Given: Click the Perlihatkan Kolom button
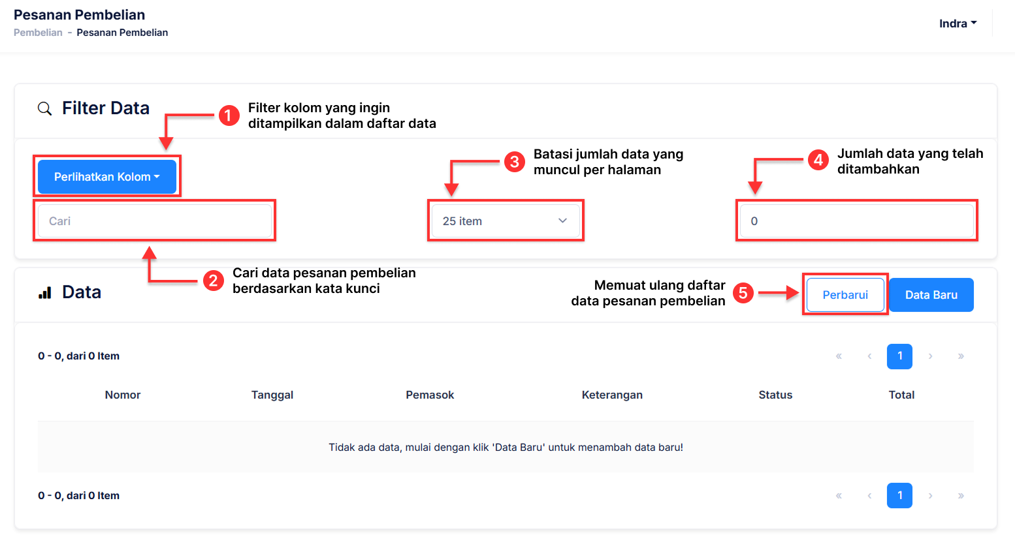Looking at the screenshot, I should click(x=106, y=177).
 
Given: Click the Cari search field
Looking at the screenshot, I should click(x=155, y=221).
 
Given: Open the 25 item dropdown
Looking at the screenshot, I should click(x=505, y=221).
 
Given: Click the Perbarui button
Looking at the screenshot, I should click(x=845, y=295).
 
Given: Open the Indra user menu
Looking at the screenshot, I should click(x=958, y=23).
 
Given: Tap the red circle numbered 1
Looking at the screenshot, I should click(x=228, y=116).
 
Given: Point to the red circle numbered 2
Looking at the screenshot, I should click(x=213, y=281).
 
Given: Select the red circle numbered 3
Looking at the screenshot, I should click(x=514, y=162).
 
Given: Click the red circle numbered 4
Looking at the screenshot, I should click(x=818, y=160).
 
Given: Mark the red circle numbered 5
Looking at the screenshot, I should click(x=743, y=293).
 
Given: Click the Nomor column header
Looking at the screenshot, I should click(x=123, y=395).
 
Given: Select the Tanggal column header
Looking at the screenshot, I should click(x=272, y=395).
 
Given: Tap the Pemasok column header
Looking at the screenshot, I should click(x=430, y=395).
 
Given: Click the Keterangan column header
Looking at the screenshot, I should click(x=612, y=395).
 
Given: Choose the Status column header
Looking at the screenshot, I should click(x=775, y=395).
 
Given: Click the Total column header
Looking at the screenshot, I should click(x=901, y=395).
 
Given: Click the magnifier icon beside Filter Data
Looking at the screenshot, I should click(x=44, y=108).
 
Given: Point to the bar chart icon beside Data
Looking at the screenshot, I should click(x=45, y=293).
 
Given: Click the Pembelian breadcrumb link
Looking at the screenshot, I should click(x=38, y=33).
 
